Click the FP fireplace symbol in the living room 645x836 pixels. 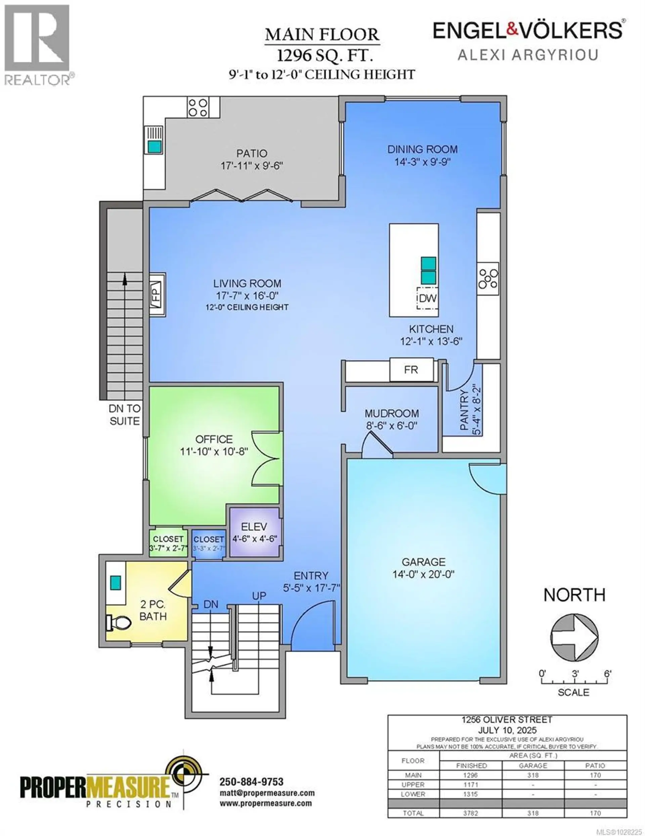(157, 294)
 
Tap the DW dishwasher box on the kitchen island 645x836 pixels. (427, 298)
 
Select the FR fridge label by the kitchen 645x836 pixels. (411, 370)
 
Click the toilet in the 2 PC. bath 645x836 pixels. (118, 622)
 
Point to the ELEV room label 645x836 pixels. (254, 527)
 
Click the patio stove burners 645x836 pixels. (198, 107)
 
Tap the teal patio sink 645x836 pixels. (155, 146)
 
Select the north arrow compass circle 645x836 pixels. (574, 637)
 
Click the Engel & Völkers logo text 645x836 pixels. (528, 31)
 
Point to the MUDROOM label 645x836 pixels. (391, 413)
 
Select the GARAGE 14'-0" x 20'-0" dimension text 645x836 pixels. (423, 574)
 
